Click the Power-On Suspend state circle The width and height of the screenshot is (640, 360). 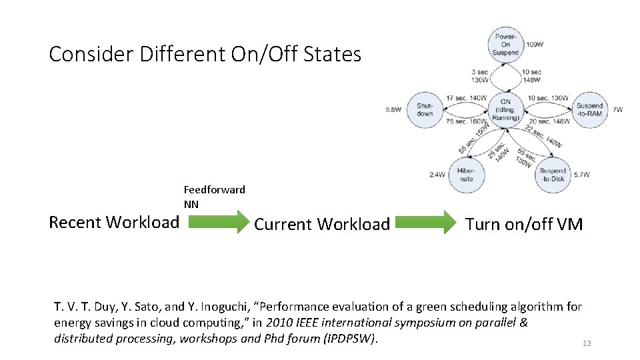tap(506, 45)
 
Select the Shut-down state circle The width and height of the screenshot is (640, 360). tap(425, 109)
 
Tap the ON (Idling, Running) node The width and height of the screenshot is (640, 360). tap(505, 110)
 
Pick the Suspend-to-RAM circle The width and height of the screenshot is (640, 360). tap(589, 109)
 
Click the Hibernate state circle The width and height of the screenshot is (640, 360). tap(465, 175)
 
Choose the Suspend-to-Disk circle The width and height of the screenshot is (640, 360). tap(551, 175)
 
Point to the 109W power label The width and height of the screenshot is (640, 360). tap(535, 45)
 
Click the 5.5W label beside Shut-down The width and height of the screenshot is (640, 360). tap(393, 110)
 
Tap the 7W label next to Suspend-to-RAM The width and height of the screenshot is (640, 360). tap(617, 109)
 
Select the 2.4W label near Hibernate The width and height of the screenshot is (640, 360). tap(437, 175)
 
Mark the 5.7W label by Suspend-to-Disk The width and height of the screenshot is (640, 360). tap(581, 175)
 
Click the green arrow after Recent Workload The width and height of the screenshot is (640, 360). tap(215, 222)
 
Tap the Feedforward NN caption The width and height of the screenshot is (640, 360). tap(214, 197)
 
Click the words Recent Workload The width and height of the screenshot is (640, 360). tap(114, 222)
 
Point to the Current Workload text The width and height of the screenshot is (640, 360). tap(322, 224)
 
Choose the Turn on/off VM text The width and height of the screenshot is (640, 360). tap(523, 224)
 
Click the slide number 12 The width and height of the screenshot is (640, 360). tap(587, 343)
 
